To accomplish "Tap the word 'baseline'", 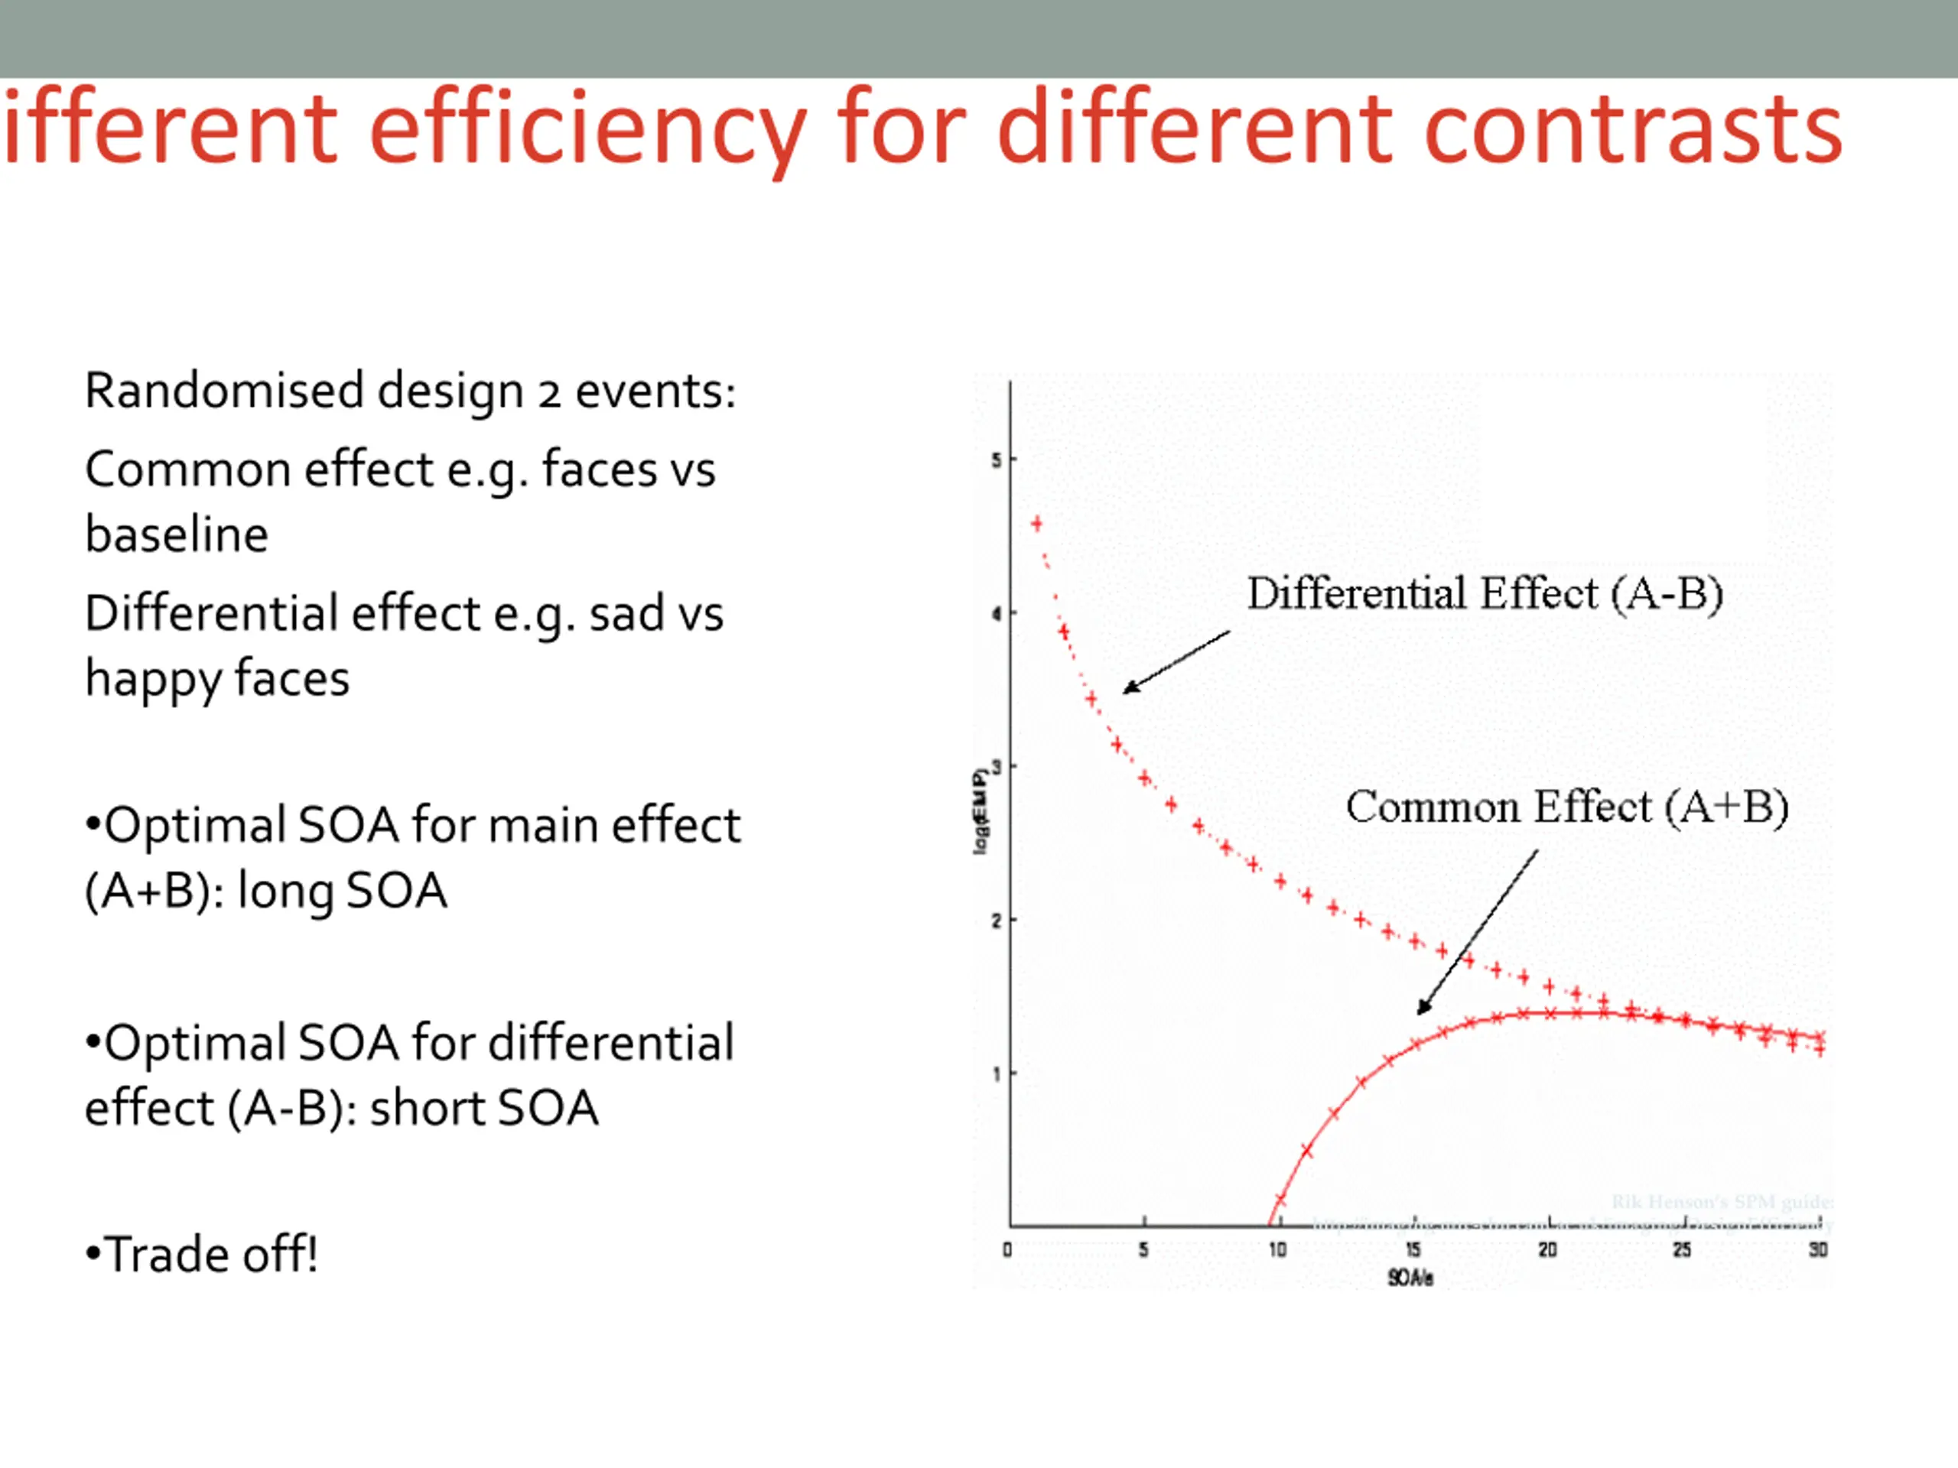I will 176,534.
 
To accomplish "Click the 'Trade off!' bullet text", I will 202,1254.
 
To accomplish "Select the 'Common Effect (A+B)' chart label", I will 1566,807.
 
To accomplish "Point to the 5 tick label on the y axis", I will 996,460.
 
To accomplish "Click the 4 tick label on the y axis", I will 996,613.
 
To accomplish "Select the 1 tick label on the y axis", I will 996,1074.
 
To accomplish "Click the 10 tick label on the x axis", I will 1277,1250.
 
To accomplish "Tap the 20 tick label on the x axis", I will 1547,1250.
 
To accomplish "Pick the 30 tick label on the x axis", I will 1818,1250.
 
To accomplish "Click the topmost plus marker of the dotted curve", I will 1036,524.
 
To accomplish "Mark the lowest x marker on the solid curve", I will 1280,1200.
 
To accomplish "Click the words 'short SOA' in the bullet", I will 483,1108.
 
